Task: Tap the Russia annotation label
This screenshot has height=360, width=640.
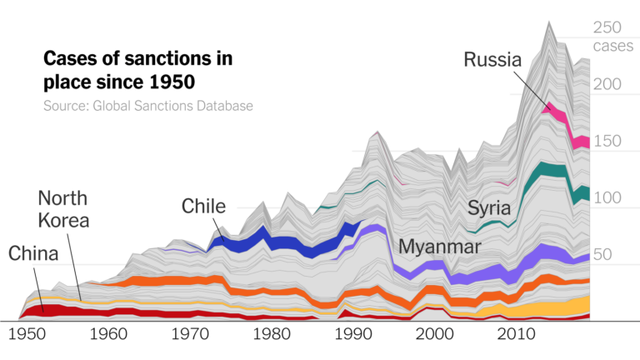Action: click(492, 60)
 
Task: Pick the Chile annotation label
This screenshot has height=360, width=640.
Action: click(203, 206)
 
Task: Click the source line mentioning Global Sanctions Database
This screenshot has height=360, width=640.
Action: click(147, 106)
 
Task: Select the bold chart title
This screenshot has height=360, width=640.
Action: click(137, 71)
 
